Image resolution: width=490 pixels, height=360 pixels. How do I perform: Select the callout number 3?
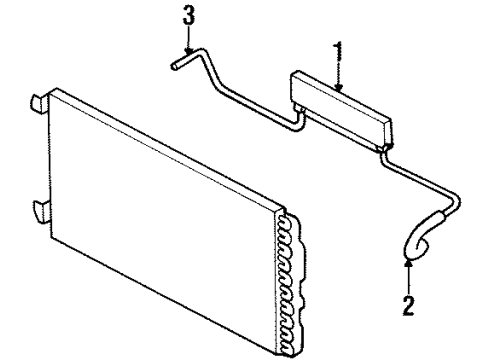coord(186,18)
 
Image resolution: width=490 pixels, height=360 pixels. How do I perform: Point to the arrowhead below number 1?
coord(338,89)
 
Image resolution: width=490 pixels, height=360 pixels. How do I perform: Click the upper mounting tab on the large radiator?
coord(37,101)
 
